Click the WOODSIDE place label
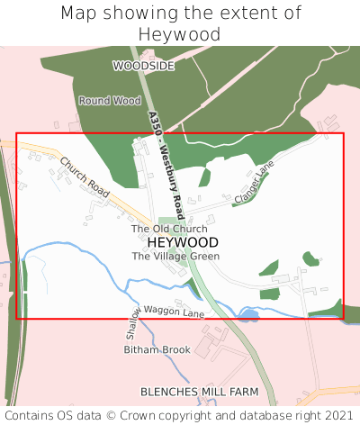point(143,66)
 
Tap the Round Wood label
point(109,101)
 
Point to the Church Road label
point(85,176)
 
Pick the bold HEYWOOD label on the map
point(182,243)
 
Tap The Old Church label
point(169,230)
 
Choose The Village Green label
point(175,257)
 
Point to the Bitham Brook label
point(157,348)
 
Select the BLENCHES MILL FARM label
point(199,393)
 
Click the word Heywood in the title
point(180,35)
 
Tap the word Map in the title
point(78,14)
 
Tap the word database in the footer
point(261,415)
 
